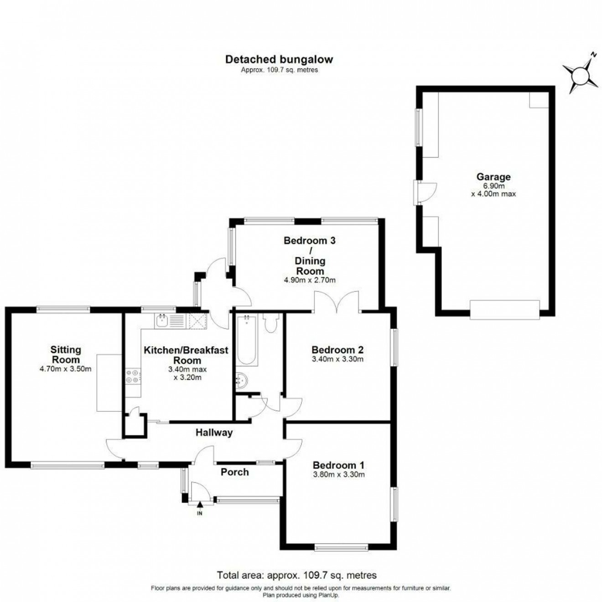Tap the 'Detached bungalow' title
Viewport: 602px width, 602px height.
[279, 59]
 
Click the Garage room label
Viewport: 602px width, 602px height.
[493, 177]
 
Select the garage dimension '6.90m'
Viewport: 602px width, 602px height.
[493, 186]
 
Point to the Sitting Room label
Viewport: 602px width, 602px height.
[66, 354]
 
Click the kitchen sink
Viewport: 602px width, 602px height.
[162, 322]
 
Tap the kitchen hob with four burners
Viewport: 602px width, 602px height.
[133, 376]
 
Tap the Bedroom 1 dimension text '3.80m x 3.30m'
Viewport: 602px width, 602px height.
[338, 474]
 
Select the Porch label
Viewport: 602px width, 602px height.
[235, 472]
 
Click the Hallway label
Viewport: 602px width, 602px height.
[214, 432]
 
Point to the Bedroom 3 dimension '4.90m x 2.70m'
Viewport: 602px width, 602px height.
[310, 280]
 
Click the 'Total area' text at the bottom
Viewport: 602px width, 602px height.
[296, 575]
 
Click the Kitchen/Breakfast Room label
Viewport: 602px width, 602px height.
[186, 355]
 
